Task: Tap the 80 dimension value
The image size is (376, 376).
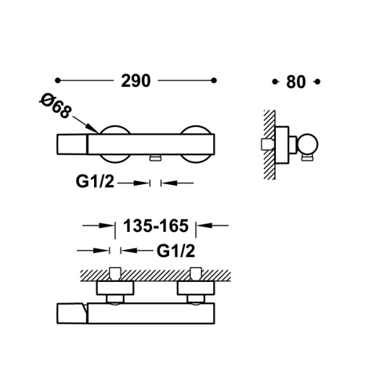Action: pos(295,81)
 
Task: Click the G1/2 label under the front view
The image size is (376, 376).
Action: pos(97,182)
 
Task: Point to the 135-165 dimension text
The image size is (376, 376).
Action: pos(156,226)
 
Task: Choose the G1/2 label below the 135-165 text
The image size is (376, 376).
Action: pos(175,251)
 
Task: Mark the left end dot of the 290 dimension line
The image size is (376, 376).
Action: pos(58,81)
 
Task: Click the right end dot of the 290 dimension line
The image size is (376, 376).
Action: pos(215,81)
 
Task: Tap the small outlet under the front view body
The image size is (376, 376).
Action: pos(154,158)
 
